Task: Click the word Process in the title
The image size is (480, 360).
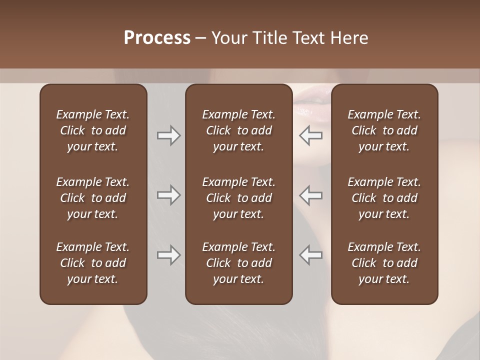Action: [x=157, y=38]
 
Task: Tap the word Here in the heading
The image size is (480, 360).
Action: [x=348, y=38]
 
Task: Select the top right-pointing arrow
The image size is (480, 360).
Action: [x=168, y=135]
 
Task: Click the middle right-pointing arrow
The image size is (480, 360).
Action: [x=168, y=195]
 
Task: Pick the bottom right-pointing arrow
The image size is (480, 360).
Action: [x=168, y=255]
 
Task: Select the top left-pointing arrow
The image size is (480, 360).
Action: [x=311, y=135]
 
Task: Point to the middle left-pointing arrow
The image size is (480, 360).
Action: [x=311, y=195]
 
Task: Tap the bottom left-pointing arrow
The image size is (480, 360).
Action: [x=311, y=255]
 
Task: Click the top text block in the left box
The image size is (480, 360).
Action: [x=93, y=130]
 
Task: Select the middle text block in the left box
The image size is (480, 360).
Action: [x=93, y=198]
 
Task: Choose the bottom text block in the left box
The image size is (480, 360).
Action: [x=93, y=263]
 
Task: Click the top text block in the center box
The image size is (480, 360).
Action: [x=238, y=130]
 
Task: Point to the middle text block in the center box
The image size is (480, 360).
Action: [x=238, y=198]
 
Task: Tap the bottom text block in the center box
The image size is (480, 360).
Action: [x=238, y=263]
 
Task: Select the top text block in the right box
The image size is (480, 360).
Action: [x=384, y=130]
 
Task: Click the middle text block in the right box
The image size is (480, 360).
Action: [x=384, y=198]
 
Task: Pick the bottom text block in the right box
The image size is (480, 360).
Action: [x=384, y=263]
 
